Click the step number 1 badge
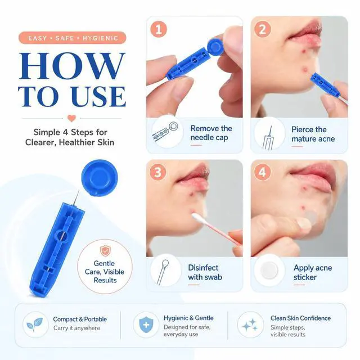tap(159, 29)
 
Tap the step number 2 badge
tap(263, 29)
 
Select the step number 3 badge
tap(157, 172)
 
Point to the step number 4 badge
tap(262, 172)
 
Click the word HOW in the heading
tap(72, 66)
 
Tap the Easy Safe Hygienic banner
tap(73, 38)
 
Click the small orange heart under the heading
tap(71, 118)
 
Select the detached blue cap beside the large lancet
tap(100, 178)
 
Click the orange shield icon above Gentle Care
tap(105, 251)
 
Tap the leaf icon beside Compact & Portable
tap(35, 325)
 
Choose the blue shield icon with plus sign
tap(146, 325)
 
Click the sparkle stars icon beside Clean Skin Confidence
tap(250, 325)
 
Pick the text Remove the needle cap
tap(211, 133)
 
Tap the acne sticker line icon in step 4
tap(269, 270)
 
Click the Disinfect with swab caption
tap(205, 272)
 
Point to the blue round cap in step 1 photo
tap(215, 47)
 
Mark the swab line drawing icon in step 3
tap(163, 272)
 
